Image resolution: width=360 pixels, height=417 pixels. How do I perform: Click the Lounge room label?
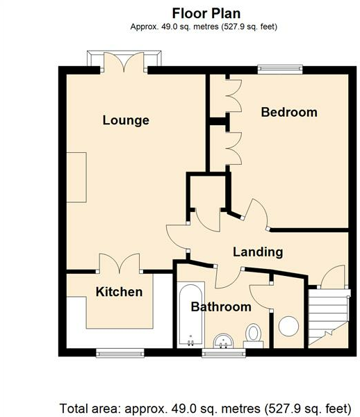coord(126,120)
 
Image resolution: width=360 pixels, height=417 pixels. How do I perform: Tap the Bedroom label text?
coord(289,112)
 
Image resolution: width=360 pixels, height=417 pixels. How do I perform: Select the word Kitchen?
coord(119,292)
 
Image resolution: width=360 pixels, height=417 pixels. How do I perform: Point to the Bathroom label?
coord(221,306)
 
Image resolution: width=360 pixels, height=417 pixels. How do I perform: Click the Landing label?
coord(257,252)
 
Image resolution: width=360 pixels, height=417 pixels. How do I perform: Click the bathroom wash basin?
coord(224,340)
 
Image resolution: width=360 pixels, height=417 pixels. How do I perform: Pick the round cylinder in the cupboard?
coord(288,326)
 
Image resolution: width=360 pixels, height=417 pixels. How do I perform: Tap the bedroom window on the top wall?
coord(280,68)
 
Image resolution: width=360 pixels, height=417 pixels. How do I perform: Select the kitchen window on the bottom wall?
coord(120,351)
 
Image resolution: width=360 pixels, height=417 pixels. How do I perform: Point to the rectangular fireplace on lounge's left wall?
coord(76,177)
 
